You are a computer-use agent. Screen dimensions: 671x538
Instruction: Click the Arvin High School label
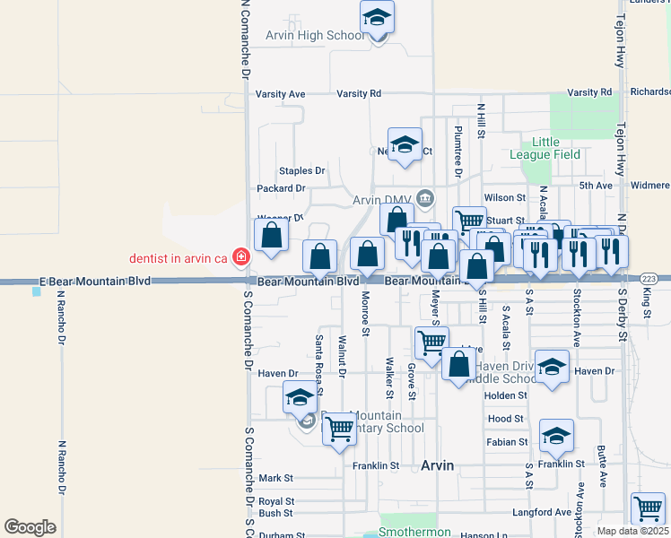click(x=315, y=36)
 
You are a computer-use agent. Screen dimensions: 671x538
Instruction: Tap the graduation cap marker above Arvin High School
click(x=378, y=17)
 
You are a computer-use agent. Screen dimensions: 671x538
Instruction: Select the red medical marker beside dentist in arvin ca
click(x=240, y=258)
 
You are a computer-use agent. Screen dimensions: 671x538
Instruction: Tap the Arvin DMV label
click(x=381, y=199)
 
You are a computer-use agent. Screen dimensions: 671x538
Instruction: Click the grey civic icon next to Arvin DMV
click(x=424, y=198)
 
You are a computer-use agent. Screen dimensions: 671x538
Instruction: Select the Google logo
click(x=30, y=527)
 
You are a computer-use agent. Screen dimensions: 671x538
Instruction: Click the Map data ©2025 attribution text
click(x=632, y=531)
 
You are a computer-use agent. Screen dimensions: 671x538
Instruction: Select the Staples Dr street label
click(x=301, y=170)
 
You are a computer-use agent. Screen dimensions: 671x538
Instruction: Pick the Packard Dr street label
click(x=281, y=188)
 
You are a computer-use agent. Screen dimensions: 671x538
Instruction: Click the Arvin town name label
click(x=438, y=465)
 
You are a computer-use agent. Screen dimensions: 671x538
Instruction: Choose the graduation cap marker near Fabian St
click(x=556, y=436)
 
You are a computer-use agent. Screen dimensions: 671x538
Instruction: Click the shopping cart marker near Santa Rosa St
click(x=339, y=430)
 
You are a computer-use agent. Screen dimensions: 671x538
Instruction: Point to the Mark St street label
click(x=275, y=479)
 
